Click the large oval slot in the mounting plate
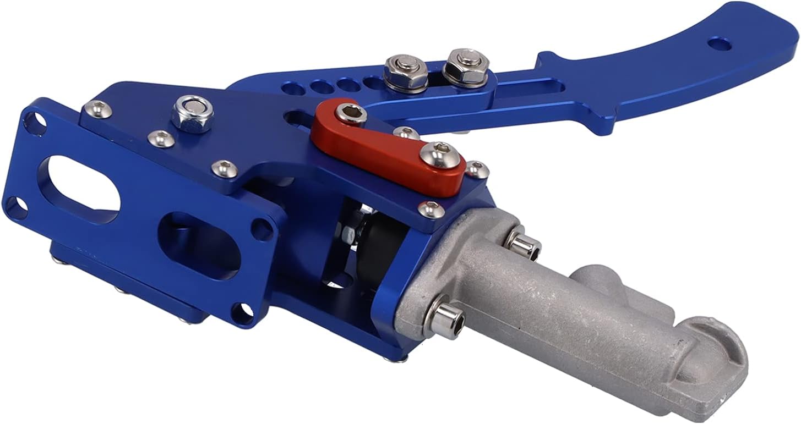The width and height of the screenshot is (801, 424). pyautogui.click(x=83, y=181)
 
